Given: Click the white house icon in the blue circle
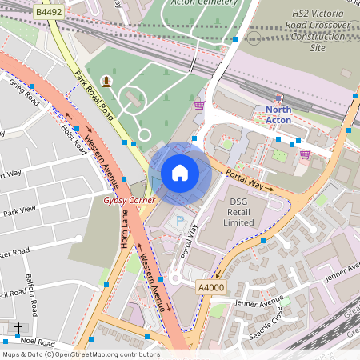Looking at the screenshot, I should [x=180, y=173].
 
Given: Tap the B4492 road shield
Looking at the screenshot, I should [x=49, y=13].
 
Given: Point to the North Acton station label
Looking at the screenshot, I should [x=278, y=114].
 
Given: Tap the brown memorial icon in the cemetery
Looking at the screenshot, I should [x=106, y=80].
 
